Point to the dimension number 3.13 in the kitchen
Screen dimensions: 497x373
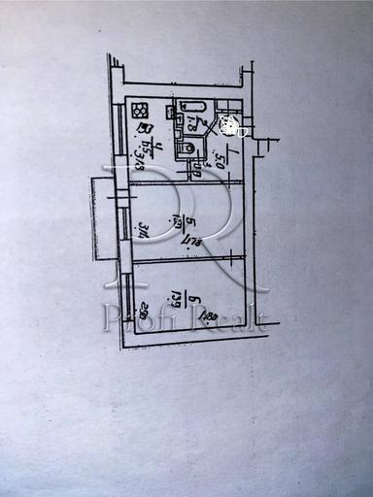(141, 152)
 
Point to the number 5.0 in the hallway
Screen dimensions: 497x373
(222, 161)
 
